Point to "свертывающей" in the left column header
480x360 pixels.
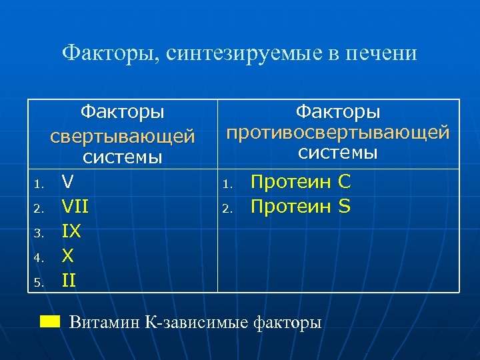(x=123, y=136)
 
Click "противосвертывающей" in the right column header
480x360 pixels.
(x=338, y=131)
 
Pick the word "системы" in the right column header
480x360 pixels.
(x=338, y=153)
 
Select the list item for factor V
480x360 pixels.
(x=67, y=181)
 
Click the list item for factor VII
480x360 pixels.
(x=75, y=207)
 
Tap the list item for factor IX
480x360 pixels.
(x=71, y=231)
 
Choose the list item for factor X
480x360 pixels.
(x=67, y=256)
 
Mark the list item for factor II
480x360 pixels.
(x=69, y=281)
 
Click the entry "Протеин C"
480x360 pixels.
(x=300, y=182)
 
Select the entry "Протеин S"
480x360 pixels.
(x=300, y=207)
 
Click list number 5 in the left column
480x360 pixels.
(x=39, y=283)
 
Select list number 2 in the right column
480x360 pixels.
(x=227, y=209)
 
